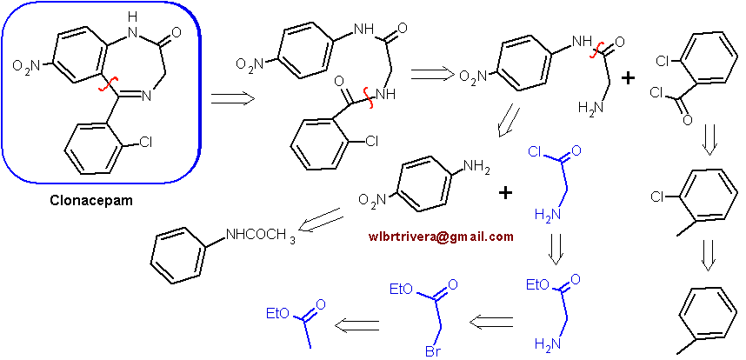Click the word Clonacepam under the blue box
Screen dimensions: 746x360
coord(91,200)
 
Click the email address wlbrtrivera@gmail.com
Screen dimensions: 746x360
coord(441,237)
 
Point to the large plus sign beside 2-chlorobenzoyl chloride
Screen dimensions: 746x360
coord(629,78)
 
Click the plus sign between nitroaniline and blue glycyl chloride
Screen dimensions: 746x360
coord(506,192)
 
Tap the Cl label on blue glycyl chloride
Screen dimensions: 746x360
coord(536,153)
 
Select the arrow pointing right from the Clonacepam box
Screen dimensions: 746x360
coord(233,98)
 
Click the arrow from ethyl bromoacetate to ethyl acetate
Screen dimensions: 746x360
coord(356,326)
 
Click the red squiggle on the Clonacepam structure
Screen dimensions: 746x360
coord(107,84)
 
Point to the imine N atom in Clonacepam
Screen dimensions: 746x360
coord(146,97)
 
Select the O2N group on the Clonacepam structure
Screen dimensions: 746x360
coord(27,64)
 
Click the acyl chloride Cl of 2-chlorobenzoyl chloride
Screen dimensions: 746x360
coord(656,94)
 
